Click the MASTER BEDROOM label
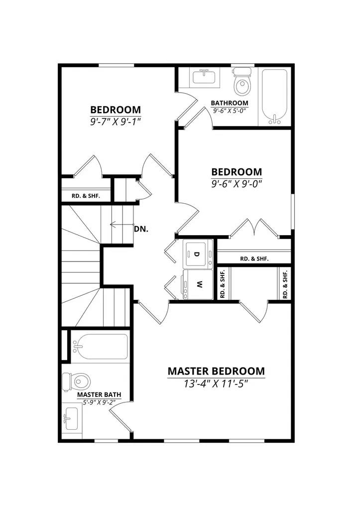[216, 371]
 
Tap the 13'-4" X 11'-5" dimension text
[216, 384]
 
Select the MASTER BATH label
[99, 394]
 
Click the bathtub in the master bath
[100, 347]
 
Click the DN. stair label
[141, 229]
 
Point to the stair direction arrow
[122, 225]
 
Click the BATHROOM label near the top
[230, 103]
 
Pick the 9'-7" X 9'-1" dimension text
[116, 122]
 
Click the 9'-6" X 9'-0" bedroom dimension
[237, 184]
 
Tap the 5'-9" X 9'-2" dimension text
[99, 402]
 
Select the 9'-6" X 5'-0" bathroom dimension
[230, 111]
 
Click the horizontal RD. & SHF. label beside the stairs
[86, 196]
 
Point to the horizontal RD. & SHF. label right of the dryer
[254, 259]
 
